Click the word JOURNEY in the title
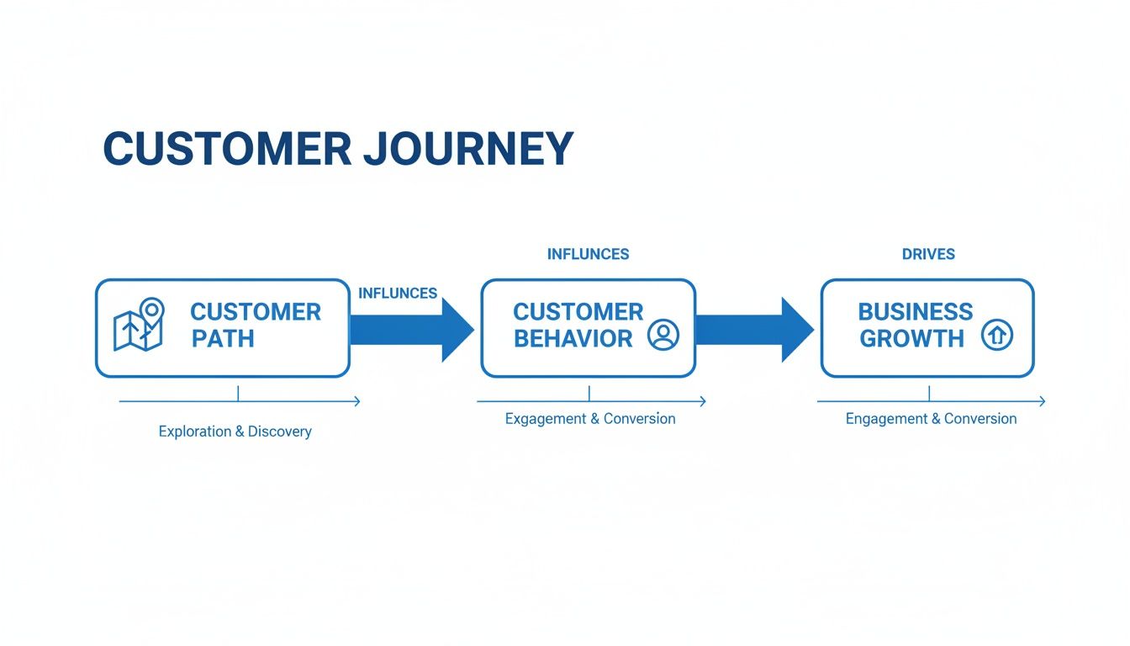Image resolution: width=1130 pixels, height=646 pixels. click(469, 149)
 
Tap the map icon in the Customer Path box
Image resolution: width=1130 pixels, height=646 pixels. click(140, 326)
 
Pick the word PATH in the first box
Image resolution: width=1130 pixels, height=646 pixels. click(223, 339)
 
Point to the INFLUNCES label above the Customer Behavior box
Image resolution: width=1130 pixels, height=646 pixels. click(588, 254)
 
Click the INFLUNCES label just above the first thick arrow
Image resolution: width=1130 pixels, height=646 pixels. click(398, 294)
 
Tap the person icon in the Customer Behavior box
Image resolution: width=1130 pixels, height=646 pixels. click(663, 335)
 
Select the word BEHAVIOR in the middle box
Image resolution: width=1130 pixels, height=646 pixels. click(573, 339)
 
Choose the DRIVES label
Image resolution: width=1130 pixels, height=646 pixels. click(928, 254)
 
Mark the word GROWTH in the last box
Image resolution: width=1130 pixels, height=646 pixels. click(911, 339)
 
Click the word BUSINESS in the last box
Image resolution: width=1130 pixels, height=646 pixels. click(915, 312)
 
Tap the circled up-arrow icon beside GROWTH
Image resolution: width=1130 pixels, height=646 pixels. click(997, 336)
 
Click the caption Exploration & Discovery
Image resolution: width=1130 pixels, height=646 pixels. click(235, 432)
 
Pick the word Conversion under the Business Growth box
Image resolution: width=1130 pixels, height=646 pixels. click(980, 419)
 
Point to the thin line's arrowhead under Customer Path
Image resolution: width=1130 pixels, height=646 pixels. click(356, 401)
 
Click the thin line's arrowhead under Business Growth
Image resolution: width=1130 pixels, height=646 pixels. click(1042, 401)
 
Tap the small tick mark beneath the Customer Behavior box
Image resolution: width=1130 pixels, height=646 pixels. click(589, 393)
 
